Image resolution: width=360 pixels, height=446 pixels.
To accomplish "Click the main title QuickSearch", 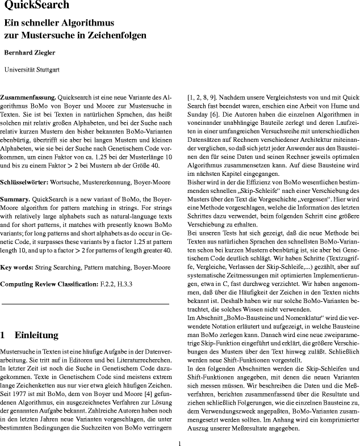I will pyautogui.click(x=36, y=6).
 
